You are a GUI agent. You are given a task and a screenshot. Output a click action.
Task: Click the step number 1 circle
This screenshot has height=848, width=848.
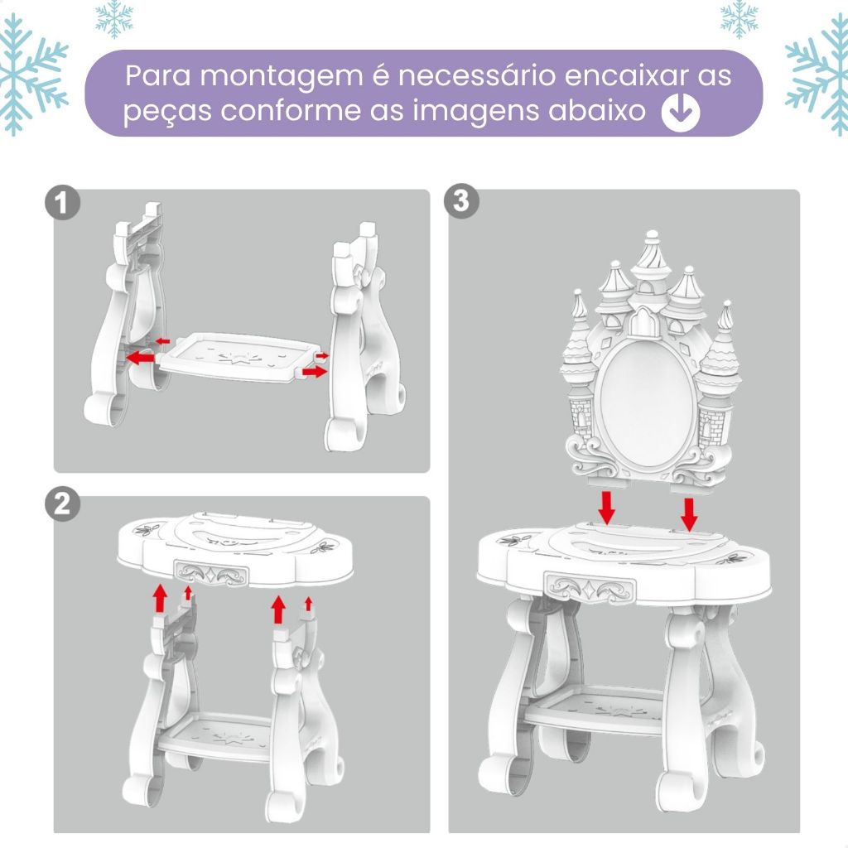[x=62, y=204]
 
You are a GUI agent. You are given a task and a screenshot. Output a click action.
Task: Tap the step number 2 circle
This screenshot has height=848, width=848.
[x=62, y=504]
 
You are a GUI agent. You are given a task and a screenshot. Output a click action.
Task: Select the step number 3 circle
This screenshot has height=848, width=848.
[x=460, y=200]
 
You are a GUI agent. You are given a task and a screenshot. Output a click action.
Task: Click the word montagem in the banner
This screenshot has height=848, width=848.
[x=282, y=76]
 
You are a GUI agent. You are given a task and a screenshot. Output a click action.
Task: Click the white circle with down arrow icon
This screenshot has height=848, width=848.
[x=681, y=112]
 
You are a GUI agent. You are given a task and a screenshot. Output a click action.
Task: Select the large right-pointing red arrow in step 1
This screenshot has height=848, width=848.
[x=315, y=372]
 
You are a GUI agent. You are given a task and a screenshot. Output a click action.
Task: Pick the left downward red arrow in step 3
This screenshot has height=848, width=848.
[x=607, y=508]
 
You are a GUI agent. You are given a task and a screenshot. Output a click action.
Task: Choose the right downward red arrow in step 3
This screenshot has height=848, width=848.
[x=689, y=514]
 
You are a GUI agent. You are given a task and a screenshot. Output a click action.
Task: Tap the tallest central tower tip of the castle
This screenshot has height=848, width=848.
[x=653, y=235]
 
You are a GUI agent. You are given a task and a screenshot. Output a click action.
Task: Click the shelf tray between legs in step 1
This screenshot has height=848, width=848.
[x=237, y=358]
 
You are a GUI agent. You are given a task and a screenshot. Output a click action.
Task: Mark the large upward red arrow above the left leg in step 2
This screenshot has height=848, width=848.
[x=160, y=598]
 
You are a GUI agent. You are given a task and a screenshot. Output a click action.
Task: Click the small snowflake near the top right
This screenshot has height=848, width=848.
[x=739, y=20]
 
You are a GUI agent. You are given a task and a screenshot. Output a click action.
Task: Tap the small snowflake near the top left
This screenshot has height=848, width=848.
[x=114, y=20]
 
